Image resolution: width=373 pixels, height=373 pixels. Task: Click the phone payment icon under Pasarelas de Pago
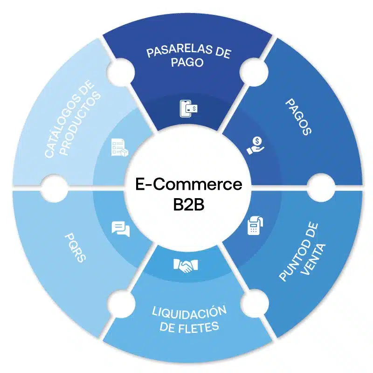[x=188, y=109]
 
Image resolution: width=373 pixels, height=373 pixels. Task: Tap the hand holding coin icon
[x=255, y=145]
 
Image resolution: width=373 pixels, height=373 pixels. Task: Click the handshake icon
[x=186, y=266]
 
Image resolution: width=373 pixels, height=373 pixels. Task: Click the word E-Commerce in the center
[x=188, y=184]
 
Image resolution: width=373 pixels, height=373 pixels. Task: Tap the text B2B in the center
[x=188, y=206]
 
